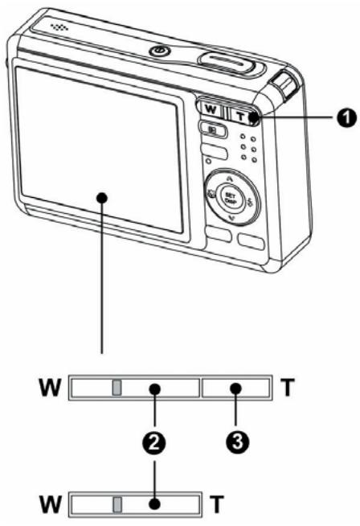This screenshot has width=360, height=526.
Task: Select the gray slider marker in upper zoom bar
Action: click(x=117, y=390)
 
